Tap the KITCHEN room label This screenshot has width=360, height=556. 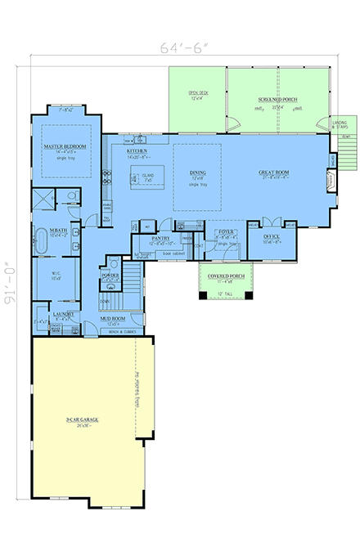click(x=137, y=151)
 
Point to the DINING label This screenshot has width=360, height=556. click(x=197, y=173)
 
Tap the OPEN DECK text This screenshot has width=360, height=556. click(x=199, y=93)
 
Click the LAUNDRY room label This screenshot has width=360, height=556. click(x=64, y=314)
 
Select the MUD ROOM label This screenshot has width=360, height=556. click(x=112, y=318)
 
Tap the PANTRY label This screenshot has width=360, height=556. click(x=160, y=238)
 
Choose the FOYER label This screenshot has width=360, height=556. click(x=226, y=232)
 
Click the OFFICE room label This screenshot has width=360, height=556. click(x=272, y=237)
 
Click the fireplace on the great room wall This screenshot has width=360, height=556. click(x=331, y=180)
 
